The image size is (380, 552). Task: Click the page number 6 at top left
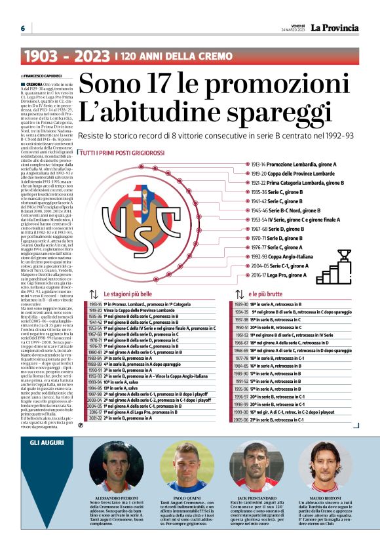pyautogui.click(x=22, y=28)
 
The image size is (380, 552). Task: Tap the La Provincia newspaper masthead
pyautogui.click(x=334, y=28)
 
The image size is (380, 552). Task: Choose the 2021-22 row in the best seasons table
pyautogui.click(x=131, y=418)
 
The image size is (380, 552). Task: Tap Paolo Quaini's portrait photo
pyautogui.click(x=187, y=467)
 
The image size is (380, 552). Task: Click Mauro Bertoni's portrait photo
pyautogui.click(x=325, y=467)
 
